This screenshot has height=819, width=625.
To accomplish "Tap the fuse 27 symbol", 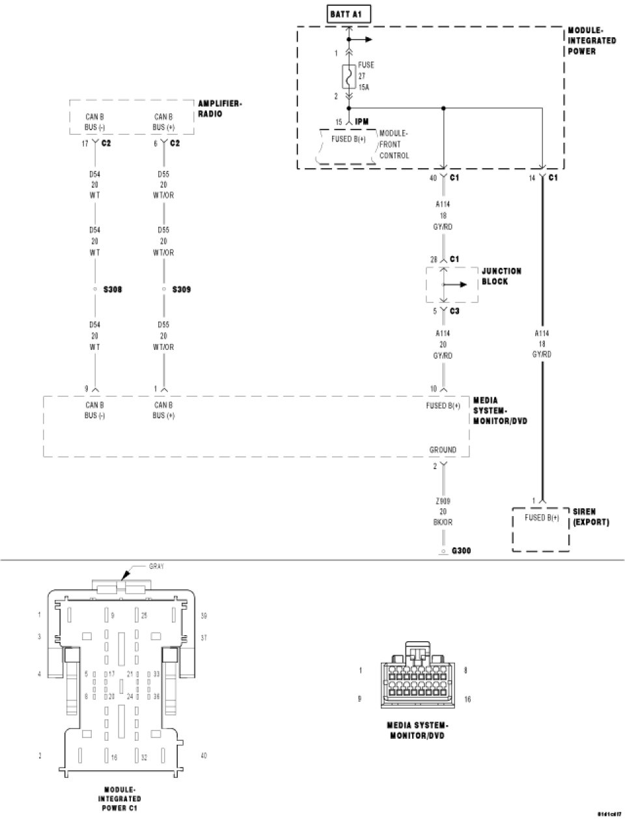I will tap(348, 76).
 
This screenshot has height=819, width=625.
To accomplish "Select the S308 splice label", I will tap(112, 289).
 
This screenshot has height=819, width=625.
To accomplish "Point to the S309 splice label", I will tap(182, 289).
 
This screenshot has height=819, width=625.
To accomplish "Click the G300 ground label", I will tap(461, 551).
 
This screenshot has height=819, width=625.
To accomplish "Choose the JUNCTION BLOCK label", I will tap(501, 276).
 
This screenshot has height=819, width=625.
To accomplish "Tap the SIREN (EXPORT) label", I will tap(590, 517).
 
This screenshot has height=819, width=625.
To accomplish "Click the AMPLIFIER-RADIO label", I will tap(219, 109).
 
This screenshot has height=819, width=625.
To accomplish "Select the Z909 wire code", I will tap(443, 501).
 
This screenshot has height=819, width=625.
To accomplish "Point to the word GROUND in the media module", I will tap(443, 450).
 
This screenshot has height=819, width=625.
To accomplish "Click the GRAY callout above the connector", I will tap(156, 567).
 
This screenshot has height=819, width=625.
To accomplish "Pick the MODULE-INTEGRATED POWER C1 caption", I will tap(120, 799).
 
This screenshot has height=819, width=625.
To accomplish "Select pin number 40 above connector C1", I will tap(433, 178).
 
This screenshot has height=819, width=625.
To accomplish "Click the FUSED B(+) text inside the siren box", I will tap(542, 519).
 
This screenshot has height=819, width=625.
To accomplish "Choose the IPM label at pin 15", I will tap(363, 122).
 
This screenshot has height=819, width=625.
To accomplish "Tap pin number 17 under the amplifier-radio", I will tap(85, 143).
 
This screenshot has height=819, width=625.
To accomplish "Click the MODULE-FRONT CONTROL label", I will tap(395, 144).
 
